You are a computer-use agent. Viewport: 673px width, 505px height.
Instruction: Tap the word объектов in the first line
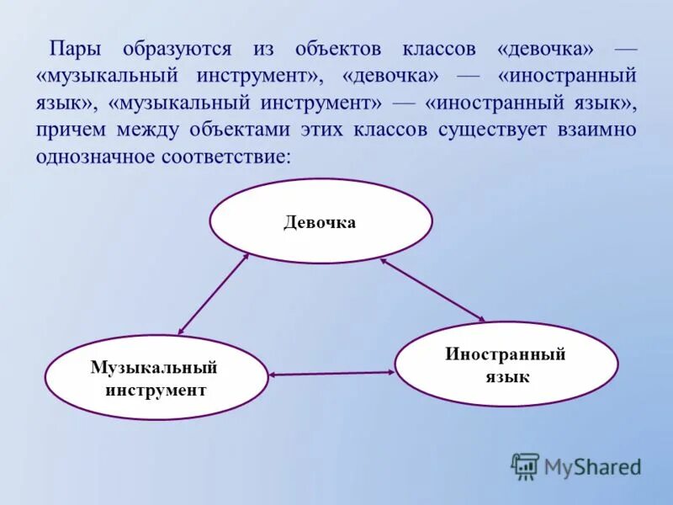tap(330, 50)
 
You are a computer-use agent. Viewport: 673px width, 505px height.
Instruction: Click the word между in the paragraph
tap(156, 130)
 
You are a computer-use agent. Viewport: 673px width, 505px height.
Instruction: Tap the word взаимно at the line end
tap(596, 130)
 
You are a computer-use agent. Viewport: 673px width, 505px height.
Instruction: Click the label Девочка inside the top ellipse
tap(320, 222)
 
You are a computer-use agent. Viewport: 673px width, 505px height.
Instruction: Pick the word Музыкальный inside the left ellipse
tap(155, 368)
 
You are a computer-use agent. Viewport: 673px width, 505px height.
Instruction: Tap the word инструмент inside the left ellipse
tap(155, 390)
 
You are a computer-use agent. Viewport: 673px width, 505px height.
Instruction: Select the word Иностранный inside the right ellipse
tap(506, 354)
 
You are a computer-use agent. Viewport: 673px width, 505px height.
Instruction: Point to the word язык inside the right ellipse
tap(506, 376)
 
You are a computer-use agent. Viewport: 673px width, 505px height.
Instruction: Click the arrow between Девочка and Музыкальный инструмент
tap(214, 294)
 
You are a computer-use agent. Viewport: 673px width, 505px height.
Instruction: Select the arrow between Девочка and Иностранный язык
tap(432, 289)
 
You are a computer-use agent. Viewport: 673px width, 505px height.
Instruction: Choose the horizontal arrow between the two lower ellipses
tap(331, 373)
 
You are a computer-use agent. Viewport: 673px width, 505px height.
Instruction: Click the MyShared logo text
tap(592, 466)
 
